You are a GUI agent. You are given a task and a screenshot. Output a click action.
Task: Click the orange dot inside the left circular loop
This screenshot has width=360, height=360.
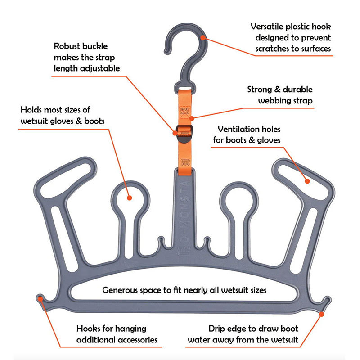pyautogui.click(x=129, y=198)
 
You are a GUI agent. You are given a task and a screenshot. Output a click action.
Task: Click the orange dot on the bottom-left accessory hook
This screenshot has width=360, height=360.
pyautogui.click(x=41, y=298)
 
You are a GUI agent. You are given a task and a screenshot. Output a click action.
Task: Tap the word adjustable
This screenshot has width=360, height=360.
pyautogui.click(x=99, y=68)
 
